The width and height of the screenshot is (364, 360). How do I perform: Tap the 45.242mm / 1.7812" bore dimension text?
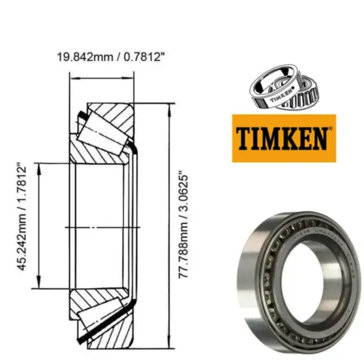point(22,218)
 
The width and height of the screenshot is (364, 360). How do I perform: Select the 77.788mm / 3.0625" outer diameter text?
point(183,225)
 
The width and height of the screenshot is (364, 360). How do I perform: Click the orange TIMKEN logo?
point(284,138)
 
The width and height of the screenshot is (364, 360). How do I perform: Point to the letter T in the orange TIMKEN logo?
point(244,138)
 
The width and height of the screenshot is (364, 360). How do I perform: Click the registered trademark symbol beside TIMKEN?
point(330,128)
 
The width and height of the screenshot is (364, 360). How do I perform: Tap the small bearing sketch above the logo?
point(284,87)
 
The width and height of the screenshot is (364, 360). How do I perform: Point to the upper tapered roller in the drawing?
point(103,133)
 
